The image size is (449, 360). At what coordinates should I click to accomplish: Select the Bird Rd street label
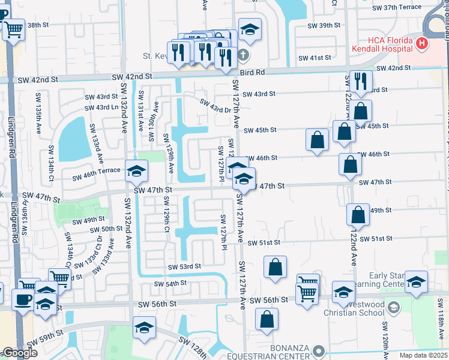click(252, 73)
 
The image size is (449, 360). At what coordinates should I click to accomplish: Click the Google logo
click(20, 353)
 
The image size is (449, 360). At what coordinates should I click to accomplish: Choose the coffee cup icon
click(23, 299)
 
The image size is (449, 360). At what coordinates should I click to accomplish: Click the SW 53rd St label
click(184, 266)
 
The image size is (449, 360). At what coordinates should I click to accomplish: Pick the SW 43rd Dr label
click(215, 106)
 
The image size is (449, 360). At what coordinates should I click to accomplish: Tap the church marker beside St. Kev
click(243, 55)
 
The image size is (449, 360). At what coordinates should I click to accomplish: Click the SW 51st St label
click(264, 242)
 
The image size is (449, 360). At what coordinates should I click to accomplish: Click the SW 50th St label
click(106, 229)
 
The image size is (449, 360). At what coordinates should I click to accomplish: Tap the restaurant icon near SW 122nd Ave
click(361, 80)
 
